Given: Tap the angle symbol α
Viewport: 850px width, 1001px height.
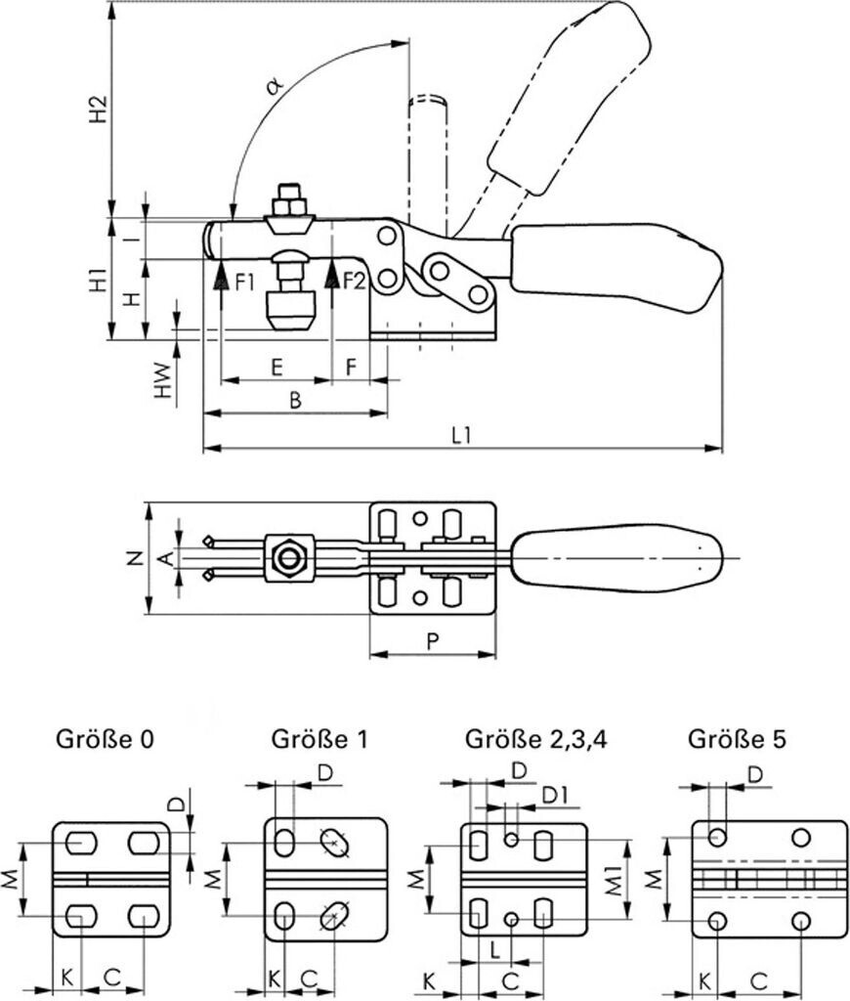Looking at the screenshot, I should [275, 85].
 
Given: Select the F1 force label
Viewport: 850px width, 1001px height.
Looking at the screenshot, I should [244, 282].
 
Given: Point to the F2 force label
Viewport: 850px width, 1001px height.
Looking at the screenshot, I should [353, 282].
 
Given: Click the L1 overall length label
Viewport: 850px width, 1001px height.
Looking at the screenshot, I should [462, 436].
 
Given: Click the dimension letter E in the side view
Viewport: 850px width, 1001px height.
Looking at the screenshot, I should [276, 367].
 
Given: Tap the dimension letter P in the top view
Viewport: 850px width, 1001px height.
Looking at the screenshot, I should [432, 640].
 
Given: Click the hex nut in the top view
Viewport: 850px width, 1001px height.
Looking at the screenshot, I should [288, 558].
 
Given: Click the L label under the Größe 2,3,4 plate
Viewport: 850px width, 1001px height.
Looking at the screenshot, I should [495, 949].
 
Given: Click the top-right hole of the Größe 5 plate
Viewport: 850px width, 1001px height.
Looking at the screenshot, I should [801, 837].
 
